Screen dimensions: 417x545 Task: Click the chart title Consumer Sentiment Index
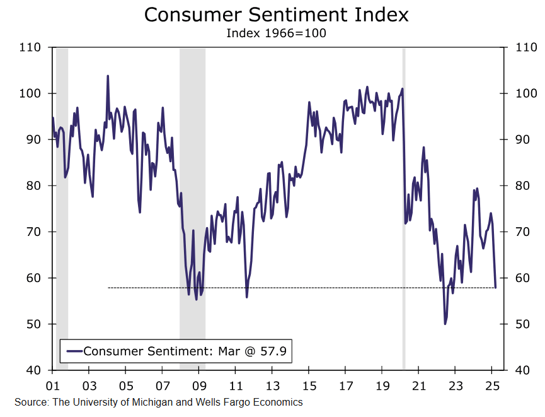click(x=276, y=15)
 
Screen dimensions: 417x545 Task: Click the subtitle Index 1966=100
click(x=276, y=33)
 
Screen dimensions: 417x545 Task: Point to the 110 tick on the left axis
click(x=30, y=47)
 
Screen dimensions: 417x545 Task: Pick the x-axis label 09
click(x=199, y=383)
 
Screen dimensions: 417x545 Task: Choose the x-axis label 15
click(x=309, y=383)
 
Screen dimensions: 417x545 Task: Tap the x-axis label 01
click(x=53, y=383)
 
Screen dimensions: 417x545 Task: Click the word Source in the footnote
click(x=30, y=402)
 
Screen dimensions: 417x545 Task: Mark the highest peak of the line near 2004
click(x=108, y=76)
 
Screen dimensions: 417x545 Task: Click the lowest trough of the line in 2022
click(x=445, y=324)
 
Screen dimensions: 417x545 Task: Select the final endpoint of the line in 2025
click(x=495, y=288)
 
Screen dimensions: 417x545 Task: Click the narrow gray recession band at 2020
click(x=404, y=208)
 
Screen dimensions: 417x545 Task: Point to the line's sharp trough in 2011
click(x=247, y=297)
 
